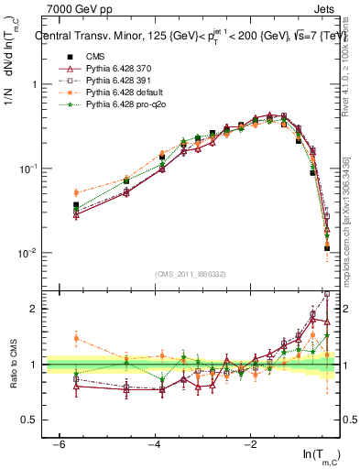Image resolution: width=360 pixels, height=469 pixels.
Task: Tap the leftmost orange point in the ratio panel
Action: [76, 338]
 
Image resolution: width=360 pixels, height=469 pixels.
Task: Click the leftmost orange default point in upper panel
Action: [76, 193]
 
